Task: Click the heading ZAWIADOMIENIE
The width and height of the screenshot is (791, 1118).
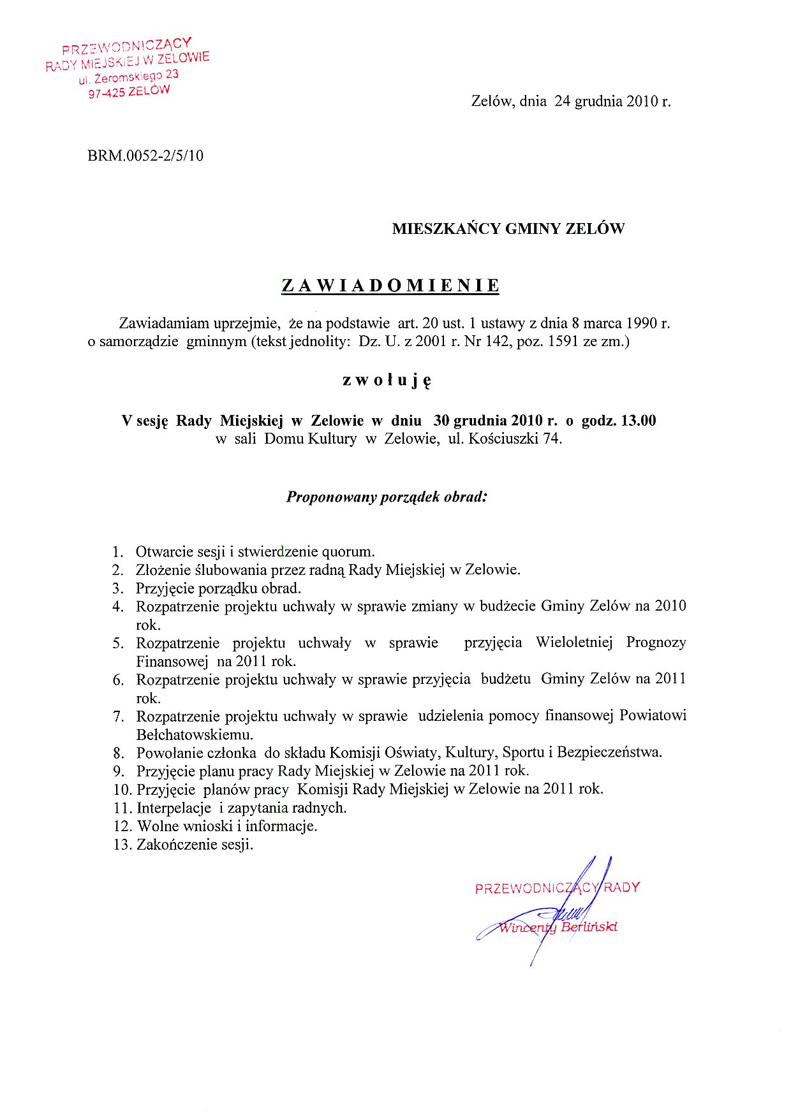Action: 390,286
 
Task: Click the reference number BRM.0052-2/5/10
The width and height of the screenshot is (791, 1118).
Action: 145,156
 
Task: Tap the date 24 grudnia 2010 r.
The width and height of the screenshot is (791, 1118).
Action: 612,101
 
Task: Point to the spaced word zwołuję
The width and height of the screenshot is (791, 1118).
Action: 387,381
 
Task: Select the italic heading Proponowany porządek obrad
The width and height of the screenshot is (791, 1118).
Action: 387,497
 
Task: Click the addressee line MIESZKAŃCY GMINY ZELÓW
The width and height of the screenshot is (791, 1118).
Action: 508,229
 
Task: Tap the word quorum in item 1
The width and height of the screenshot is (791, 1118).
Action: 348,551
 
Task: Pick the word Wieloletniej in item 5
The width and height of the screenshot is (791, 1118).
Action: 573,642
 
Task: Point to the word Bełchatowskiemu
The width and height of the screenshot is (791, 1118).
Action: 195,734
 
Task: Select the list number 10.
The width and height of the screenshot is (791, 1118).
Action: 122,789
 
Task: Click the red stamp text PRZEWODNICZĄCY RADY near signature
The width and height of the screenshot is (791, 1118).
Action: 557,888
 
